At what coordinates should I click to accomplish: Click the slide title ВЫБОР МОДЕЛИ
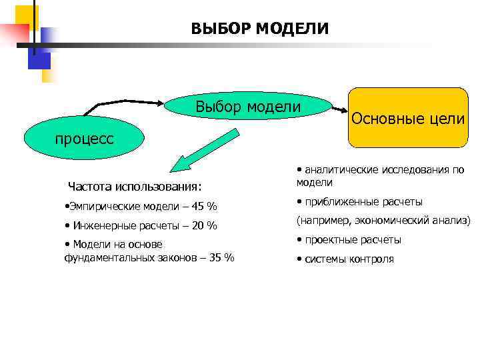coord(259,29)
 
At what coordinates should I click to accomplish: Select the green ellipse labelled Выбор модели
coord(248,107)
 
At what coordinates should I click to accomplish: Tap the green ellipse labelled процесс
coord(84,139)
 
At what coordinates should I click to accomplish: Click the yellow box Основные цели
coord(407,119)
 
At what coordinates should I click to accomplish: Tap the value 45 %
coord(203,205)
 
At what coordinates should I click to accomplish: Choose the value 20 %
coord(204,225)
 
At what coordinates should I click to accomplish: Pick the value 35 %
coord(221,258)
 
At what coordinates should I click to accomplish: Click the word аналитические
coord(340,170)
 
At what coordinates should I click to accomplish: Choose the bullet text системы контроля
coord(349,259)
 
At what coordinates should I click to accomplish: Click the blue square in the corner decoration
coord(39,60)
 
